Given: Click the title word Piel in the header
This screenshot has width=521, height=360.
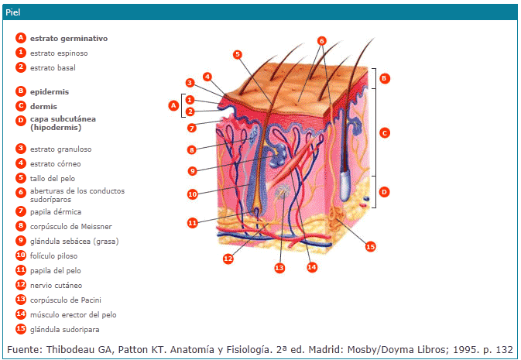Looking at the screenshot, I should [13, 12].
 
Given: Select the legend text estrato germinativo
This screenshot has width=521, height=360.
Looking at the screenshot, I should [68, 38].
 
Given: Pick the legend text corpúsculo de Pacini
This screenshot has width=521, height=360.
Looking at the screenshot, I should [66, 300].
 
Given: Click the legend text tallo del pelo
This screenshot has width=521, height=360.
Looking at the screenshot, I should [54, 178].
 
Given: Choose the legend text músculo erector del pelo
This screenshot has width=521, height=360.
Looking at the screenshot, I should [74, 314].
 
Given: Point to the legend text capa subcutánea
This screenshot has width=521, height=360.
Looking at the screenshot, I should [63, 119].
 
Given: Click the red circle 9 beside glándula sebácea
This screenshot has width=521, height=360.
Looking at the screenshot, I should [21, 241].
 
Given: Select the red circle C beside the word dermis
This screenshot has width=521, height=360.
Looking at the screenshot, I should [21, 105].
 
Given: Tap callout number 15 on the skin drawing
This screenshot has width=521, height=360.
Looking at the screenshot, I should [370, 246].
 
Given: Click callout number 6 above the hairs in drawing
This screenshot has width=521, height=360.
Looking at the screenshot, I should [322, 41].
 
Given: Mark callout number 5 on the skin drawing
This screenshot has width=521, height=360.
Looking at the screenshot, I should [238, 54].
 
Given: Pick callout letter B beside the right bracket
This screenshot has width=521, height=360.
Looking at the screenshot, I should [384, 78].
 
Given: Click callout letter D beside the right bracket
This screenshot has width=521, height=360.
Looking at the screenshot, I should [384, 191].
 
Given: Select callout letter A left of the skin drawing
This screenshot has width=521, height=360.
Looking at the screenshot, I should [173, 105].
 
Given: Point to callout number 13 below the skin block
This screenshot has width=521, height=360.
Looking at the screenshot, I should [279, 267].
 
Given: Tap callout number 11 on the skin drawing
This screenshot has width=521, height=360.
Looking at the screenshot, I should [193, 222].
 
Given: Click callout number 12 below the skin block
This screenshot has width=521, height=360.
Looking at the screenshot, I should [228, 258].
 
